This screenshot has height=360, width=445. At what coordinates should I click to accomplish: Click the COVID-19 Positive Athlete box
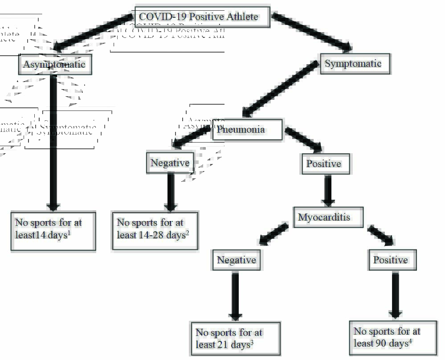coord(202,17)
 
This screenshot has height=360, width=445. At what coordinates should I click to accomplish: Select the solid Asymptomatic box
coord(55,65)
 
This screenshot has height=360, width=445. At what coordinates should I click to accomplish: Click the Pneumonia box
coord(247,130)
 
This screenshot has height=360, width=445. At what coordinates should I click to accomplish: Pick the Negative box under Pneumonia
coord(170,163)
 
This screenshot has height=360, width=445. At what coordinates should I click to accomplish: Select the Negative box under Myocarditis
coord(237,260)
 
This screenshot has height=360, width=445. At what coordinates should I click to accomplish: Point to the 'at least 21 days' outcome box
coord(235,339)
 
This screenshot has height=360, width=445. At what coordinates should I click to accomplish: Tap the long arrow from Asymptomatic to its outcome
coord(53,143)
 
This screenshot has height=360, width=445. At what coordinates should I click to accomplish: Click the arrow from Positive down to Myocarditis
coord(328,191)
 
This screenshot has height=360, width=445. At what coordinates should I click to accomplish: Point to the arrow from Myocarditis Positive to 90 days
coord(394,295)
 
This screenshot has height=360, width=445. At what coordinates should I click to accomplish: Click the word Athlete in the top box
coord(241,17)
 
